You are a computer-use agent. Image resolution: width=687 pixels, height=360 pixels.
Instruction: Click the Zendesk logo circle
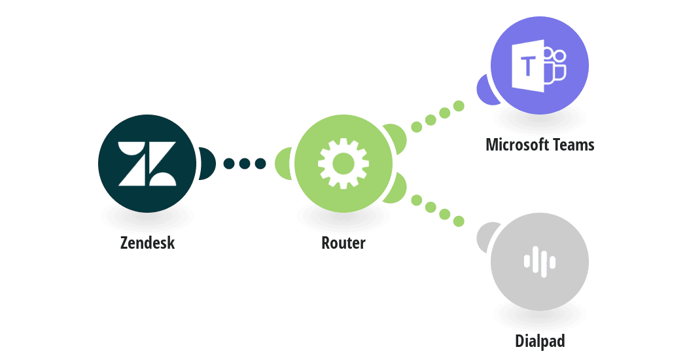(147, 163)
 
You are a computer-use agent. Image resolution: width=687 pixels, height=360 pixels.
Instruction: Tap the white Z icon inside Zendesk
(147, 163)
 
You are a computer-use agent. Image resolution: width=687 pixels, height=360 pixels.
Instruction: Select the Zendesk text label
(147, 243)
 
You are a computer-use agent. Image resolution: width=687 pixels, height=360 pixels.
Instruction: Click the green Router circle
(343, 163)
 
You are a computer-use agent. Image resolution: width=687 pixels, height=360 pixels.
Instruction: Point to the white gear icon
(343, 163)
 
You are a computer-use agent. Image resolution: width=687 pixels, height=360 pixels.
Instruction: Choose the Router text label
(343, 243)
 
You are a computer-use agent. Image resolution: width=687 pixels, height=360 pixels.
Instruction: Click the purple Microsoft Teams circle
(540, 65)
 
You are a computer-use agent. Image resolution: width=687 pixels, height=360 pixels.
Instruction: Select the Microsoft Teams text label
(540, 145)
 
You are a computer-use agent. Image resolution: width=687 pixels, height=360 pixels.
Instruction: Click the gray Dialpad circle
(540, 262)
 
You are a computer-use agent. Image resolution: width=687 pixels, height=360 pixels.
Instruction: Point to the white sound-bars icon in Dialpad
(540, 262)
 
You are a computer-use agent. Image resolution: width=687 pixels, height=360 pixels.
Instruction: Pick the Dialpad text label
(540, 341)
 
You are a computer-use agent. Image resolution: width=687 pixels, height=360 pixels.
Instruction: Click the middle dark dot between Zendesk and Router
(244, 163)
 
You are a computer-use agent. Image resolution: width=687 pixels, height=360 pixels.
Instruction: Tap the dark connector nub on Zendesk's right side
(206, 163)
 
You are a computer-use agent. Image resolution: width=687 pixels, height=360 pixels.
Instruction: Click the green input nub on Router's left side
(284, 163)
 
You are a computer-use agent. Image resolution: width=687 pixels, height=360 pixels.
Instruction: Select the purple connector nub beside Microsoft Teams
(485, 89)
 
